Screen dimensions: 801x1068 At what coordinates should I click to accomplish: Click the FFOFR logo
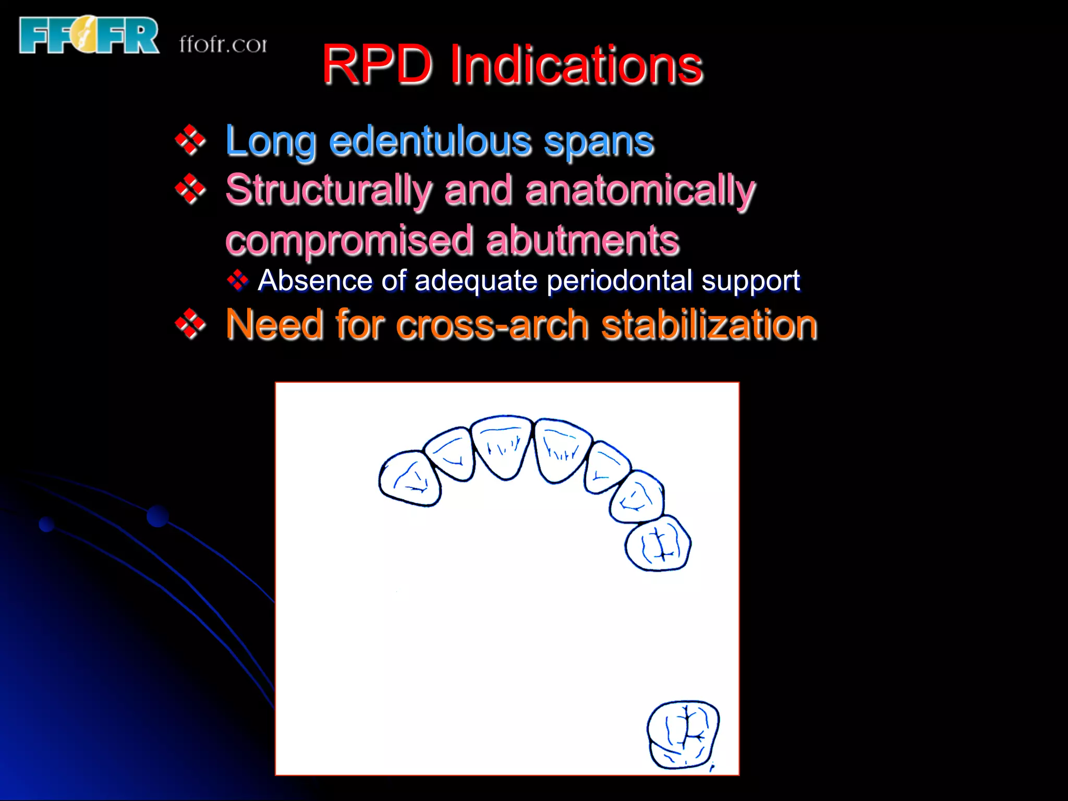[89, 35]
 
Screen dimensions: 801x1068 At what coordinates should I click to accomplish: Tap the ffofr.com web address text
[223, 44]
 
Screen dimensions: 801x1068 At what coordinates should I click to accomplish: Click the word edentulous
[430, 141]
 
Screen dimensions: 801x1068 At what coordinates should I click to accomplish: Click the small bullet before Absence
[238, 281]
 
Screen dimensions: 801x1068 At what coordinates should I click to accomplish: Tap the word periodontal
[620, 281]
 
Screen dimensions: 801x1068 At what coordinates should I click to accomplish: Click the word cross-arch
[495, 324]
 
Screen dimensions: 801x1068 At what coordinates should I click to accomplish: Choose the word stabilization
[709, 324]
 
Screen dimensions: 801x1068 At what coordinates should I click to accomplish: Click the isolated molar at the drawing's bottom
[683, 735]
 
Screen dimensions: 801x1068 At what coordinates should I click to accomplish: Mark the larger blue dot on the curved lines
[157, 516]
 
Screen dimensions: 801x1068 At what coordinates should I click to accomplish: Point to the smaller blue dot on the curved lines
[47, 524]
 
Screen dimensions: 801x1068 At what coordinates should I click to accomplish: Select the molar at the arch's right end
[658, 544]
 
